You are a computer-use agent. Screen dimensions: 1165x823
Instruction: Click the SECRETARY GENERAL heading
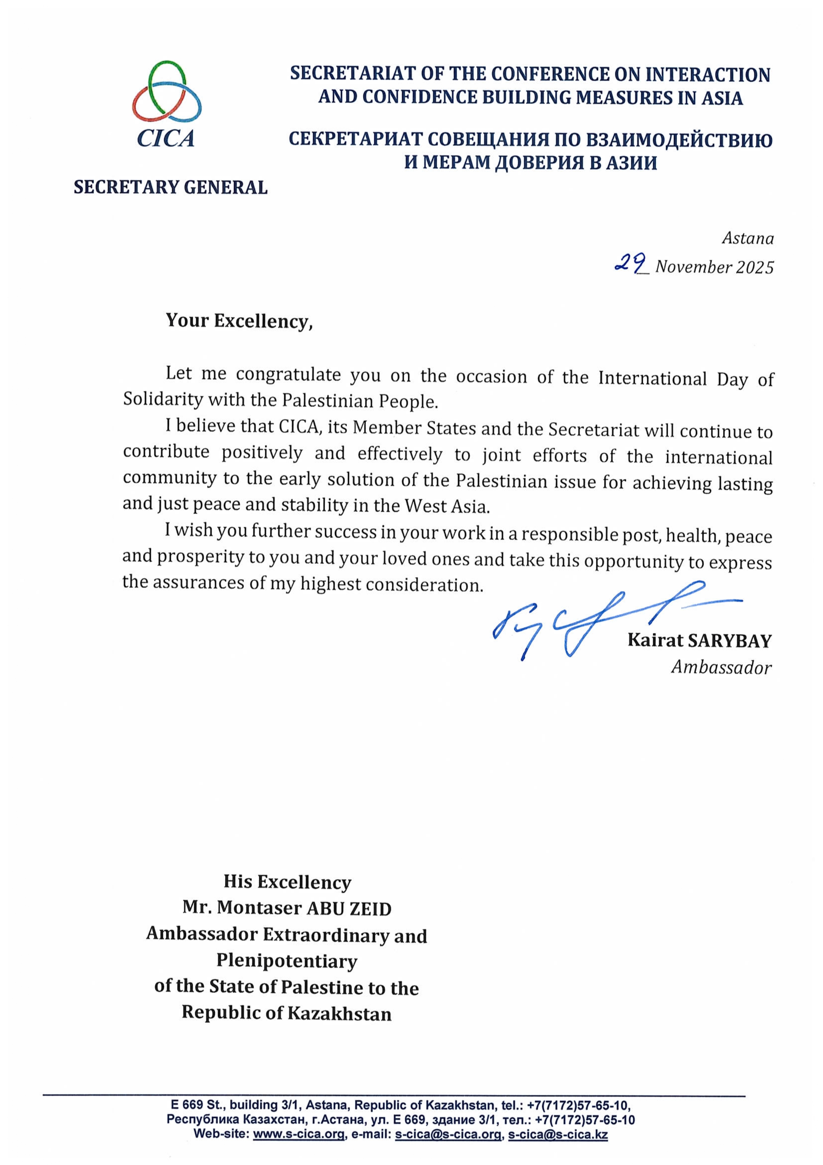click(170, 187)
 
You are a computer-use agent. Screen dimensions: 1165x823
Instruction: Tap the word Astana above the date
click(748, 238)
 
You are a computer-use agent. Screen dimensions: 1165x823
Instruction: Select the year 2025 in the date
click(755, 267)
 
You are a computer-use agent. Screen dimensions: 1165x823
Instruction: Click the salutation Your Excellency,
click(239, 321)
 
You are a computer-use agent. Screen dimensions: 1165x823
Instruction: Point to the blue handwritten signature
click(598, 622)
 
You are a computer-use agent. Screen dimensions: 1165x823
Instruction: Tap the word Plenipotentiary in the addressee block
click(287, 960)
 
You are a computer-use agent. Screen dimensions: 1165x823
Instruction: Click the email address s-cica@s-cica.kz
click(558, 1134)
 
